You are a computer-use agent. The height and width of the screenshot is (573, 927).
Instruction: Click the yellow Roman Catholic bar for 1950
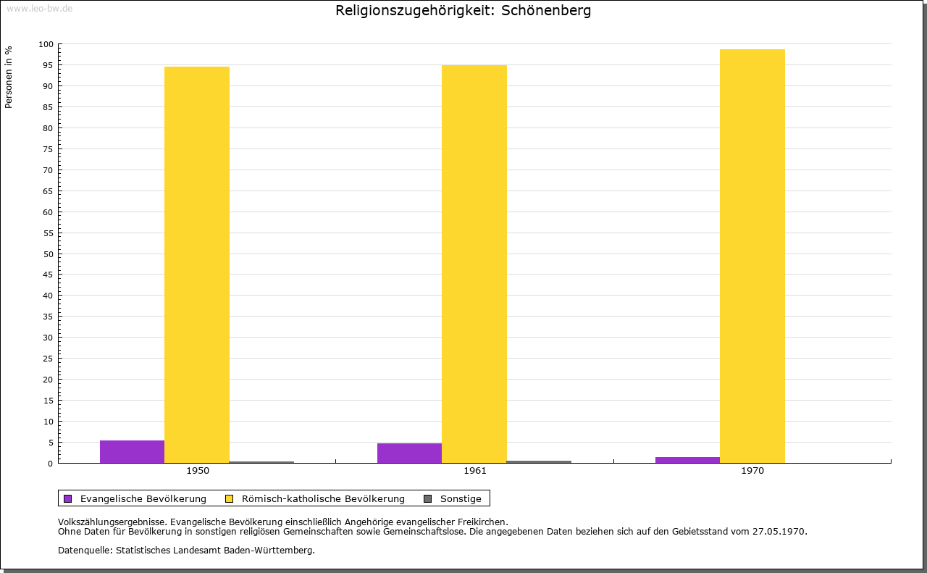coord(197,264)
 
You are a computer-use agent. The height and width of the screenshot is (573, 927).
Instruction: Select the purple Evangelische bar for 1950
coord(132,451)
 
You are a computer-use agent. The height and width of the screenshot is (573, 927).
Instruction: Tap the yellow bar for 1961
coord(474,264)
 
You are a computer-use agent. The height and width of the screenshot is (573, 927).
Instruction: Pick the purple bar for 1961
coord(409,453)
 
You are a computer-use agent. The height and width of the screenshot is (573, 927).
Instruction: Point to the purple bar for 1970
coord(687,460)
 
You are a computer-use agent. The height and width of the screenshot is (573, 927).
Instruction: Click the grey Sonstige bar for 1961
coord(540,461)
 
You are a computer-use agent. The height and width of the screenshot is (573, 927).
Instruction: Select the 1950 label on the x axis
coord(198,471)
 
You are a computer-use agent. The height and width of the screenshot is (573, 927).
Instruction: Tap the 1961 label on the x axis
coord(475,471)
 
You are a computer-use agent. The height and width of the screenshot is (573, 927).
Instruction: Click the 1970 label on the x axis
coord(752,471)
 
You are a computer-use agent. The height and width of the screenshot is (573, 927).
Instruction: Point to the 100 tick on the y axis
coord(46,44)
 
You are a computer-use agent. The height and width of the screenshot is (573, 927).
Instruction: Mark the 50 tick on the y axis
coord(49,254)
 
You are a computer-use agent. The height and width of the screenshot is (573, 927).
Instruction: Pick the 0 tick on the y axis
coord(51,463)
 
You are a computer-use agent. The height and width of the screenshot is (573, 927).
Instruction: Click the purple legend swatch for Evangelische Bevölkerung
coord(68,498)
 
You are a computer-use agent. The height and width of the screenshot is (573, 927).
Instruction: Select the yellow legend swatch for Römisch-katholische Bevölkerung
coord(229,498)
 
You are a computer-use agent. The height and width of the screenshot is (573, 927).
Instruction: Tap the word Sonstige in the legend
coord(461,498)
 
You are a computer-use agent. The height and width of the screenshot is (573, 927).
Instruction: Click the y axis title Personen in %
coord(9,77)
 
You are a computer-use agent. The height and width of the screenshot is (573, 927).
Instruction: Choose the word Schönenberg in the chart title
coord(546,11)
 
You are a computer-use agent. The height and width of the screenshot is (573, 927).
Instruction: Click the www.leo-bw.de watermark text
coord(39,7)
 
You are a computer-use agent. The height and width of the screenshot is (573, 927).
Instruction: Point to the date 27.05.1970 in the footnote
coord(780,531)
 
